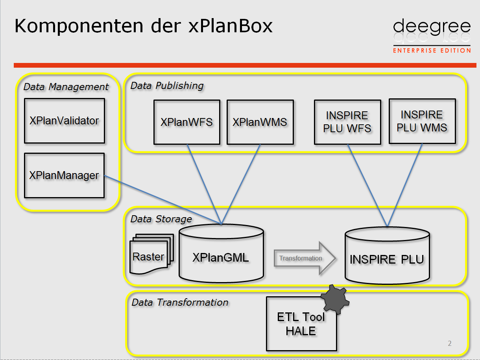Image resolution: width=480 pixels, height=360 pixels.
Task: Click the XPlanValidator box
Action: point(65,121)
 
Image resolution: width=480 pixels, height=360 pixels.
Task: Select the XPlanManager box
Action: point(64,175)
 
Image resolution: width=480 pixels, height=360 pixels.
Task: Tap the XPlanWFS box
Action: point(186,122)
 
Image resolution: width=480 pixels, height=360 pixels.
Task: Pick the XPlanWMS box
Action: point(260,122)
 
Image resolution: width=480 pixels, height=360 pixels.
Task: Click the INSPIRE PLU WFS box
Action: point(347,122)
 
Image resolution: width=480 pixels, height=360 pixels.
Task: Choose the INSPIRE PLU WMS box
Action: point(422,121)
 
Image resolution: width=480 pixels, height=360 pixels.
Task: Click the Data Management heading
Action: point(66,87)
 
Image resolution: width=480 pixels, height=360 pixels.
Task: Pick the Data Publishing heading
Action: point(167,85)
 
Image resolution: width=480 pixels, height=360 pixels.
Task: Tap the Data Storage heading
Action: point(161,219)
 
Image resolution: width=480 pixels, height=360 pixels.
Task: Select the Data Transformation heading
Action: point(180,302)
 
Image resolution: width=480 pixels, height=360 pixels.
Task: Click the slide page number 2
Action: point(450,343)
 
